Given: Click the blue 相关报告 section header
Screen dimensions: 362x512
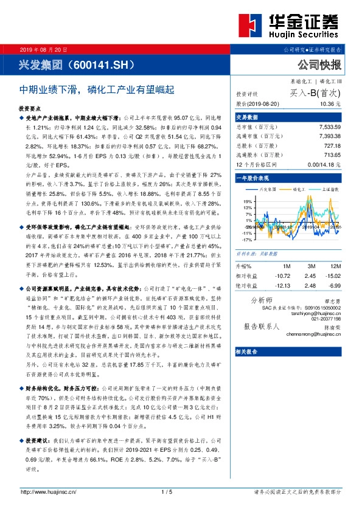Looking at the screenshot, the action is tap(248, 352).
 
